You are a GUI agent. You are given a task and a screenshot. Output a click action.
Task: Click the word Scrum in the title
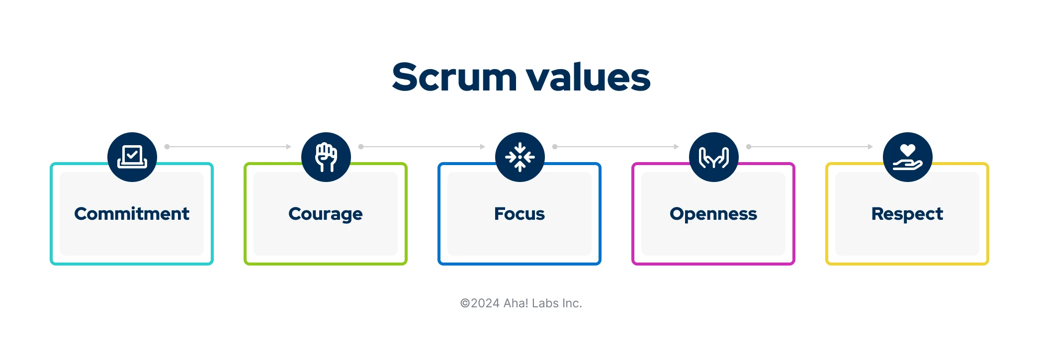(x=454, y=78)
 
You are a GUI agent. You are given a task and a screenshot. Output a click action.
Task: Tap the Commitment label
(x=132, y=214)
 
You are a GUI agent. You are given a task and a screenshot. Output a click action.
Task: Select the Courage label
(x=326, y=214)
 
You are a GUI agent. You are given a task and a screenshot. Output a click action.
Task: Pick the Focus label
(x=520, y=214)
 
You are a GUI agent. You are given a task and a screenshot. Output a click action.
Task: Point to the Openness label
(x=713, y=214)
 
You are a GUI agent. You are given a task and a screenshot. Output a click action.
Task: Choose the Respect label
(x=907, y=214)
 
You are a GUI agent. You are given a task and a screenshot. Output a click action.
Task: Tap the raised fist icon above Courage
(x=326, y=157)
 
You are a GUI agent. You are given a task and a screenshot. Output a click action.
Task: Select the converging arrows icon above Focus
(x=520, y=157)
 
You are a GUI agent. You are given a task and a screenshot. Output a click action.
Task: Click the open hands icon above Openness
(x=714, y=157)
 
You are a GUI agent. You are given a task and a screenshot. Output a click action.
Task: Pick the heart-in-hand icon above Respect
(x=908, y=157)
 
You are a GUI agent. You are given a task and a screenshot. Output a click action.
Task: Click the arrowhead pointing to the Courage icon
(x=288, y=147)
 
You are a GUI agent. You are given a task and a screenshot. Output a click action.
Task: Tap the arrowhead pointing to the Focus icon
(x=482, y=147)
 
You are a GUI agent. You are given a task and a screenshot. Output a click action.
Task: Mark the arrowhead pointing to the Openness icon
(x=676, y=147)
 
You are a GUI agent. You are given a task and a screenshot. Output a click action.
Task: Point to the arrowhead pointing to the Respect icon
(x=870, y=147)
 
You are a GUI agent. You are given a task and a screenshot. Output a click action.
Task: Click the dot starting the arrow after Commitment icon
(x=167, y=147)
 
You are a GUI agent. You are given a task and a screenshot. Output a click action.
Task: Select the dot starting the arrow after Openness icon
(x=749, y=147)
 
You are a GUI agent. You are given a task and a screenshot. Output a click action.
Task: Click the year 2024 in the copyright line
(x=485, y=303)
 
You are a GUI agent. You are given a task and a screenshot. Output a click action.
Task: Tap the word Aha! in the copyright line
(x=516, y=303)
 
